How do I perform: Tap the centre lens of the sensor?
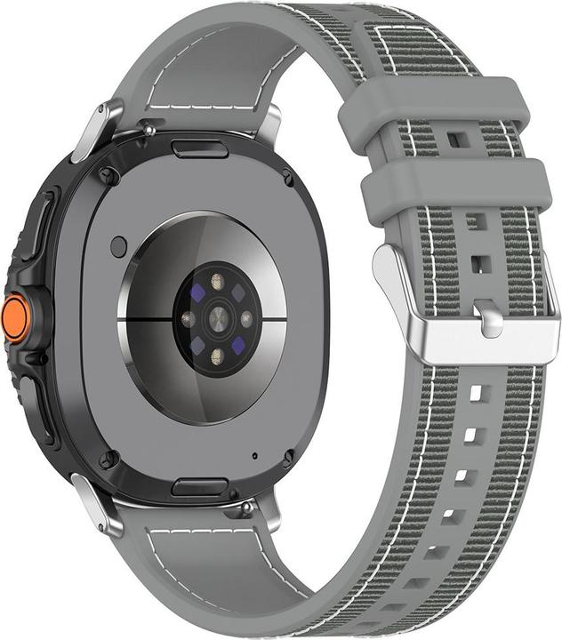(216, 317)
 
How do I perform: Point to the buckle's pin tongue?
(488, 317)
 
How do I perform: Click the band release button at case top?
(199, 147)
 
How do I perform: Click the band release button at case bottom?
(199, 487)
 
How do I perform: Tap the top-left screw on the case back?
(108, 175)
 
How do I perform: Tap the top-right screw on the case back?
(287, 178)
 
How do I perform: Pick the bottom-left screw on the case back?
(108, 459)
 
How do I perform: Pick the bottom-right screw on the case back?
(287, 458)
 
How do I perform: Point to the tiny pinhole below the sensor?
(255, 456)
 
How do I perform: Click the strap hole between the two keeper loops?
(456, 140)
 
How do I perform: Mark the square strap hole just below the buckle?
(477, 392)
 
